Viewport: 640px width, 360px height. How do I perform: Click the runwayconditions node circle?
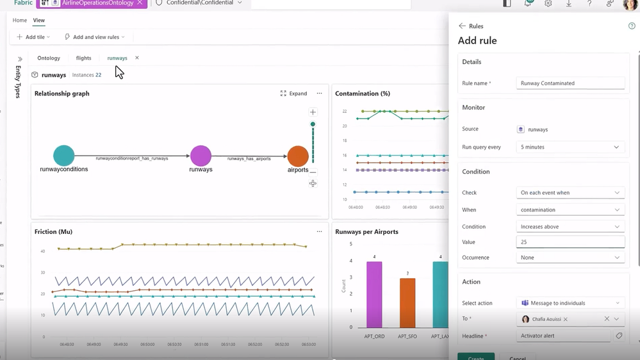pyautogui.click(x=64, y=156)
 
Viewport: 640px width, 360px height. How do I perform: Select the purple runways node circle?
pyautogui.click(x=201, y=156)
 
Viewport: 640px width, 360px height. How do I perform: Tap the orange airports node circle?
pyautogui.click(x=298, y=156)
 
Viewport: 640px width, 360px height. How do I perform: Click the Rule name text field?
pyautogui.click(x=570, y=83)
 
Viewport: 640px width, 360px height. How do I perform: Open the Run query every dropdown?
pyautogui.click(x=570, y=147)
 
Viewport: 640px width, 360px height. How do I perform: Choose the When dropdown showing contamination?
pyautogui.click(x=570, y=209)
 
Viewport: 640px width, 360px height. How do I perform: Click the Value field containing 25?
pyautogui.click(x=570, y=242)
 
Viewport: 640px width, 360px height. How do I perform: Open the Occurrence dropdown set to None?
pyautogui.click(x=570, y=258)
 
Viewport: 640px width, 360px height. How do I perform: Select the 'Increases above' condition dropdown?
pyautogui.click(x=570, y=227)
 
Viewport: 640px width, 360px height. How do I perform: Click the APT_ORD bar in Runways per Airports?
pyautogui.click(x=374, y=295)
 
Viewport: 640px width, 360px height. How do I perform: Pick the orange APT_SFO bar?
pyautogui.click(x=407, y=303)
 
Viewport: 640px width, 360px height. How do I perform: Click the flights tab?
pyautogui.click(x=83, y=58)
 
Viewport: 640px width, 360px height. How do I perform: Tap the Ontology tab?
pyautogui.click(x=49, y=58)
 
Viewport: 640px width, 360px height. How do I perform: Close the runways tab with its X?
pyautogui.click(x=137, y=58)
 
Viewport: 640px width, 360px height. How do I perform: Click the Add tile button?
pyautogui.click(x=33, y=37)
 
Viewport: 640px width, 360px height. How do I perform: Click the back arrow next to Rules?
pyautogui.click(x=462, y=26)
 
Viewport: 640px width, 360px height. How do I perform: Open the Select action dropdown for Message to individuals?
pyautogui.click(x=570, y=303)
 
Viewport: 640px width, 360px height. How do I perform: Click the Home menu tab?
pyautogui.click(x=20, y=20)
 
